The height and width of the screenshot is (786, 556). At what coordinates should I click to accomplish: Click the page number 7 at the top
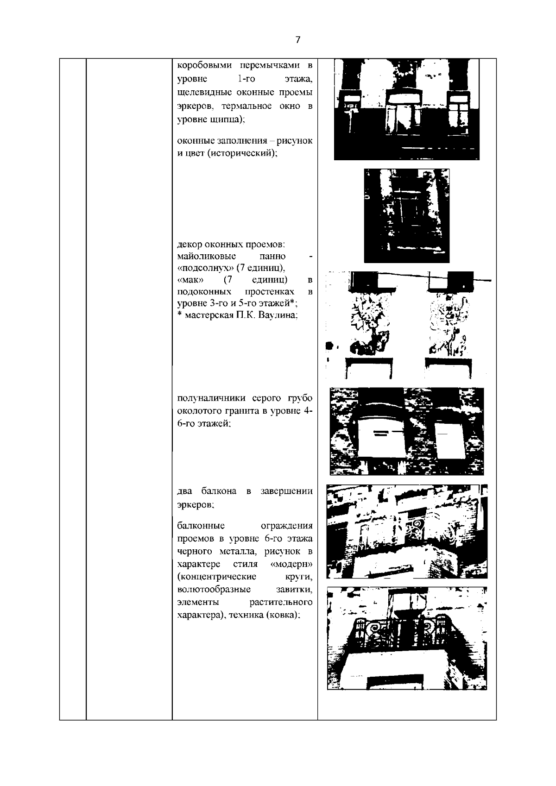click(x=298, y=40)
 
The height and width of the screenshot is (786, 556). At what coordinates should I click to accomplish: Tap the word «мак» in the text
click(x=188, y=280)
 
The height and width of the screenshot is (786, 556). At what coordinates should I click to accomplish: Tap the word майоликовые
click(x=207, y=257)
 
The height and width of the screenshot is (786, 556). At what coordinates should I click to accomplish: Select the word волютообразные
click(x=214, y=590)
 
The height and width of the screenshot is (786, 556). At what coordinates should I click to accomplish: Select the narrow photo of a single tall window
click(x=406, y=215)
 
